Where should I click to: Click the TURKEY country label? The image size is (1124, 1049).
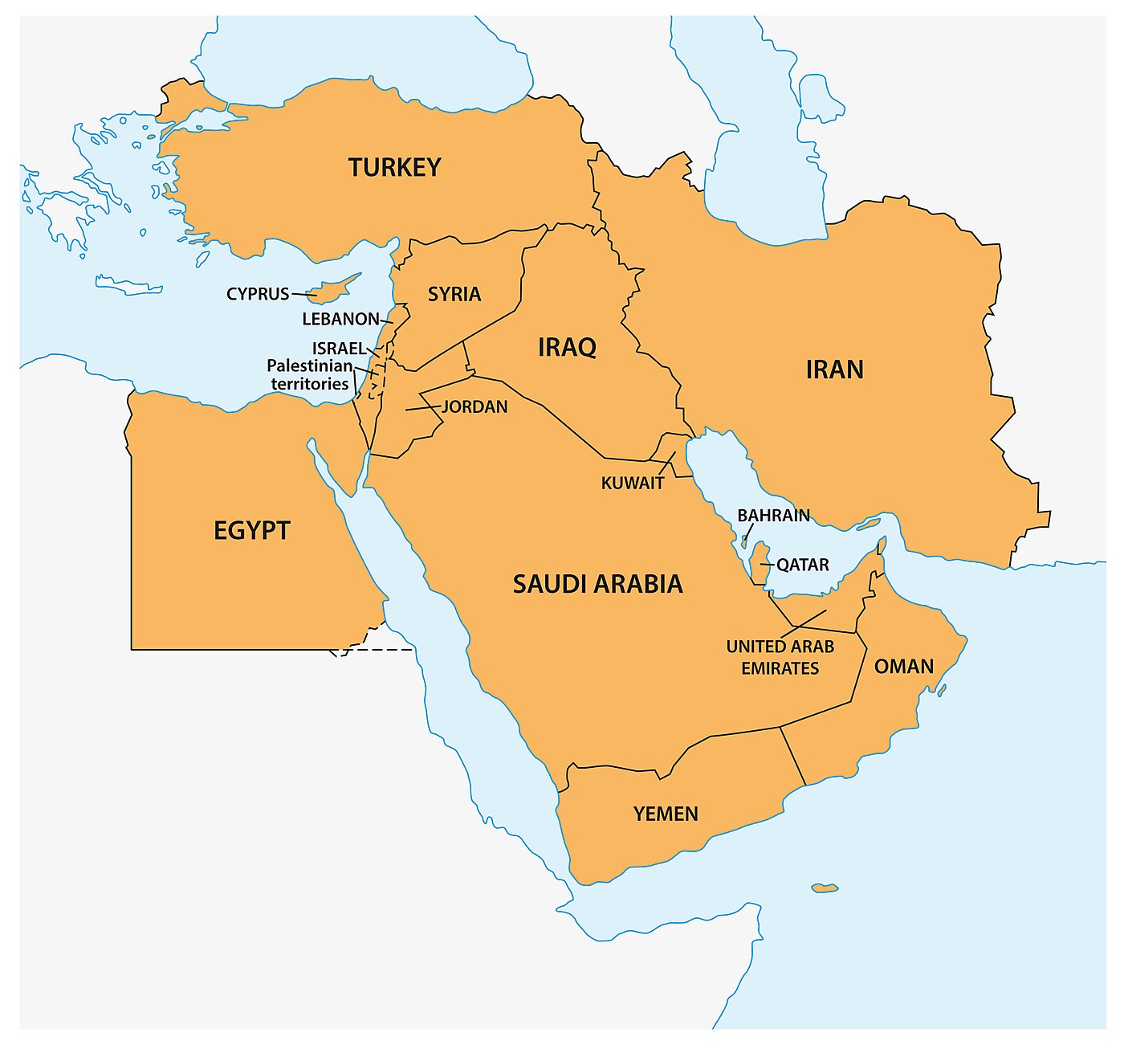coord(394,167)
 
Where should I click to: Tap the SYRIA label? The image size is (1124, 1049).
coord(454,294)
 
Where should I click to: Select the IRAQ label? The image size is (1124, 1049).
coord(567,347)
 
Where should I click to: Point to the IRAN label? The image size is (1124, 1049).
coord(834,369)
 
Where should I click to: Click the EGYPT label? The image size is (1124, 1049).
coord(251,530)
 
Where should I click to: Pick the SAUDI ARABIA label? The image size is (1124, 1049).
coord(597,584)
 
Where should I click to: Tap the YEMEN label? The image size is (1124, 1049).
coord(666,814)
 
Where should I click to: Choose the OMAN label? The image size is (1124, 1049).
coord(903,666)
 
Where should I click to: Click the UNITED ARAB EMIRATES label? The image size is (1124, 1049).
coord(780,657)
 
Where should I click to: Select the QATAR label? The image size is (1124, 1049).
coord(802,565)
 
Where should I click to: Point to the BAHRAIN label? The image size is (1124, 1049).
coord(773,515)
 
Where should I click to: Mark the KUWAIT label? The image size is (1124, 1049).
coord(633,483)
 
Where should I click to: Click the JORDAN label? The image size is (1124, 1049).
coord(474,406)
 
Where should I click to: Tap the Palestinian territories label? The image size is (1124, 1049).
coord(310,374)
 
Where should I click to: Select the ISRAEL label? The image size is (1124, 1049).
coord(339,348)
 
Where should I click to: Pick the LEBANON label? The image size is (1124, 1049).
coord(340,319)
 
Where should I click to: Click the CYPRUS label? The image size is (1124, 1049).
coord(258,294)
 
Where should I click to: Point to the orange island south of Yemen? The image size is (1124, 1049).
coord(825,888)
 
